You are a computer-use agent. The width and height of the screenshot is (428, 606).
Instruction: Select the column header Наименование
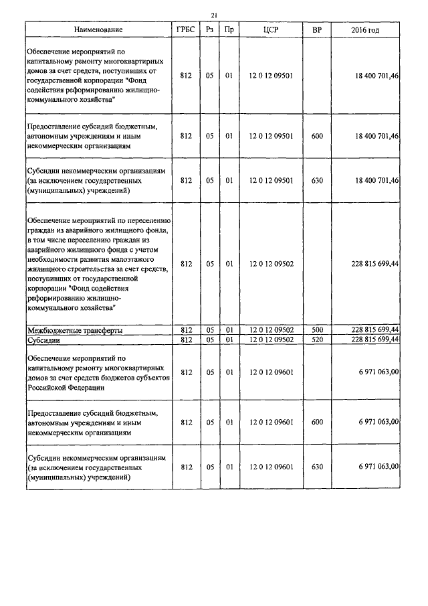coord(98,30)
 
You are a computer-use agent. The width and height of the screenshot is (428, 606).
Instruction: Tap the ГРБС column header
coord(185,30)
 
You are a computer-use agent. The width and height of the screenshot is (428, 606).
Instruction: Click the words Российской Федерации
coord(66,388)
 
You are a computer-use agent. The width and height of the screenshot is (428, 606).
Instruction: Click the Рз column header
coord(209,30)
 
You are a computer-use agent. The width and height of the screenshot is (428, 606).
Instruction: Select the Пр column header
coord(229,30)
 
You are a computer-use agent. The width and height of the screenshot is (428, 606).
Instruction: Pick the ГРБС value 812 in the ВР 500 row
coord(185,331)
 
